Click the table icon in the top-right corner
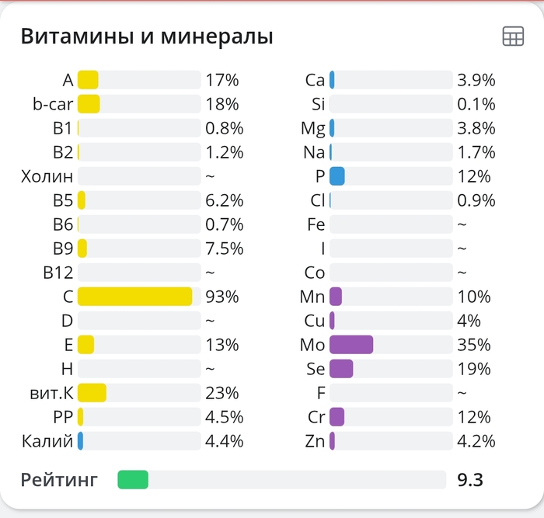(x=513, y=37)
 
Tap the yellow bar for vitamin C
(x=134, y=297)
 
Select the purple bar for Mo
(x=351, y=345)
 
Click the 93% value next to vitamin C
(x=222, y=297)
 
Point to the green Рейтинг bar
(x=133, y=480)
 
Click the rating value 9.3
(x=470, y=480)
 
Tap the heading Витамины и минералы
(x=147, y=37)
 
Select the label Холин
(x=47, y=176)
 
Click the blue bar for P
(x=337, y=176)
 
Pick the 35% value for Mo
(x=474, y=345)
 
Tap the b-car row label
(x=53, y=104)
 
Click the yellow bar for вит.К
(x=92, y=393)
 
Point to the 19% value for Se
(x=474, y=369)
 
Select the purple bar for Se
(x=341, y=369)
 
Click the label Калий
(x=47, y=441)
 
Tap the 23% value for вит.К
(x=222, y=393)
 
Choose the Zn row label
(x=315, y=441)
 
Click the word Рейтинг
(x=59, y=480)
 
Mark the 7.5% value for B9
(x=225, y=249)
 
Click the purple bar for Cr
(x=337, y=417)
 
